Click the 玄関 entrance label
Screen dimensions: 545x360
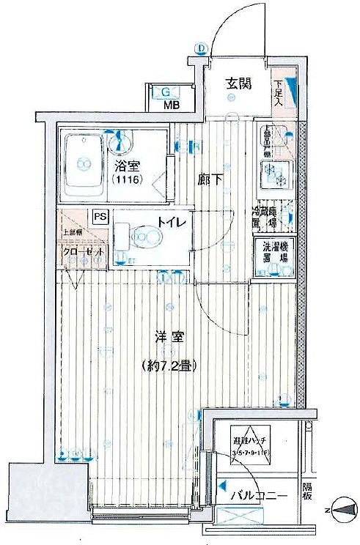tap(238, 83)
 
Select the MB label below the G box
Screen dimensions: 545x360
tap(169, 105)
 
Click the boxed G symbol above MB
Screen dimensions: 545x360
tap(166, 92)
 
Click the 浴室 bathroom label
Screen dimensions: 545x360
tap(123, 165)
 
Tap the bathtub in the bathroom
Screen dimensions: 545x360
tap(83, 168)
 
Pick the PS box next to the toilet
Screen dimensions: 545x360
tap(100, 216)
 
